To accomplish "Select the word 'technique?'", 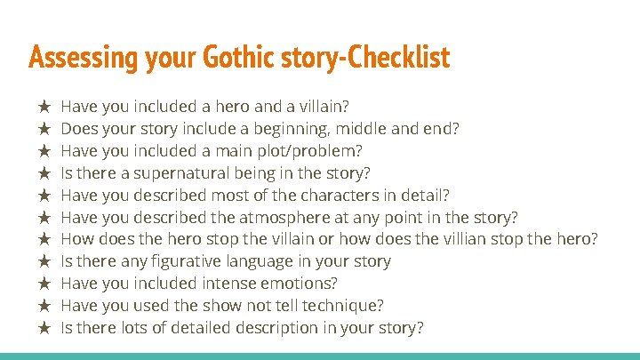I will pyautogui.click(x=340, y=306).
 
